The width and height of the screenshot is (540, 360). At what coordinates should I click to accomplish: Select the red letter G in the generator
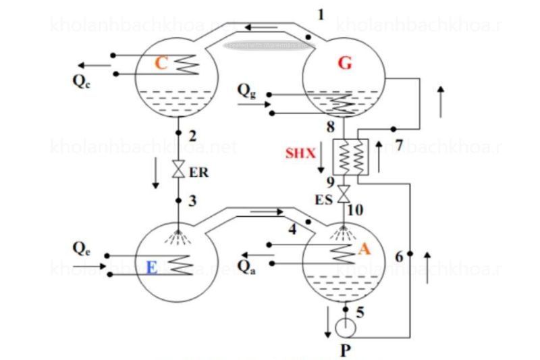(345, 63)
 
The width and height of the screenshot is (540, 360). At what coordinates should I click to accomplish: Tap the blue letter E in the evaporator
(152, 268)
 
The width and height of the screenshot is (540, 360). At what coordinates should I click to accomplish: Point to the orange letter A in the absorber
(364, 249)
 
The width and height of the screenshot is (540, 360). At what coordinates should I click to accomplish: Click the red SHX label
(300, 153)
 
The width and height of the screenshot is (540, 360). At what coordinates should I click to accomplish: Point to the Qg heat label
(246, 90)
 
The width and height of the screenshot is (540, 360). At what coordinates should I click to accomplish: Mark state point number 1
(321, 14)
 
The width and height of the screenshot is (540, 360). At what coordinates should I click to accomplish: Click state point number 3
(192, 201)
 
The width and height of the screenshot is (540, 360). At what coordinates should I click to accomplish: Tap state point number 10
(355, 210)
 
